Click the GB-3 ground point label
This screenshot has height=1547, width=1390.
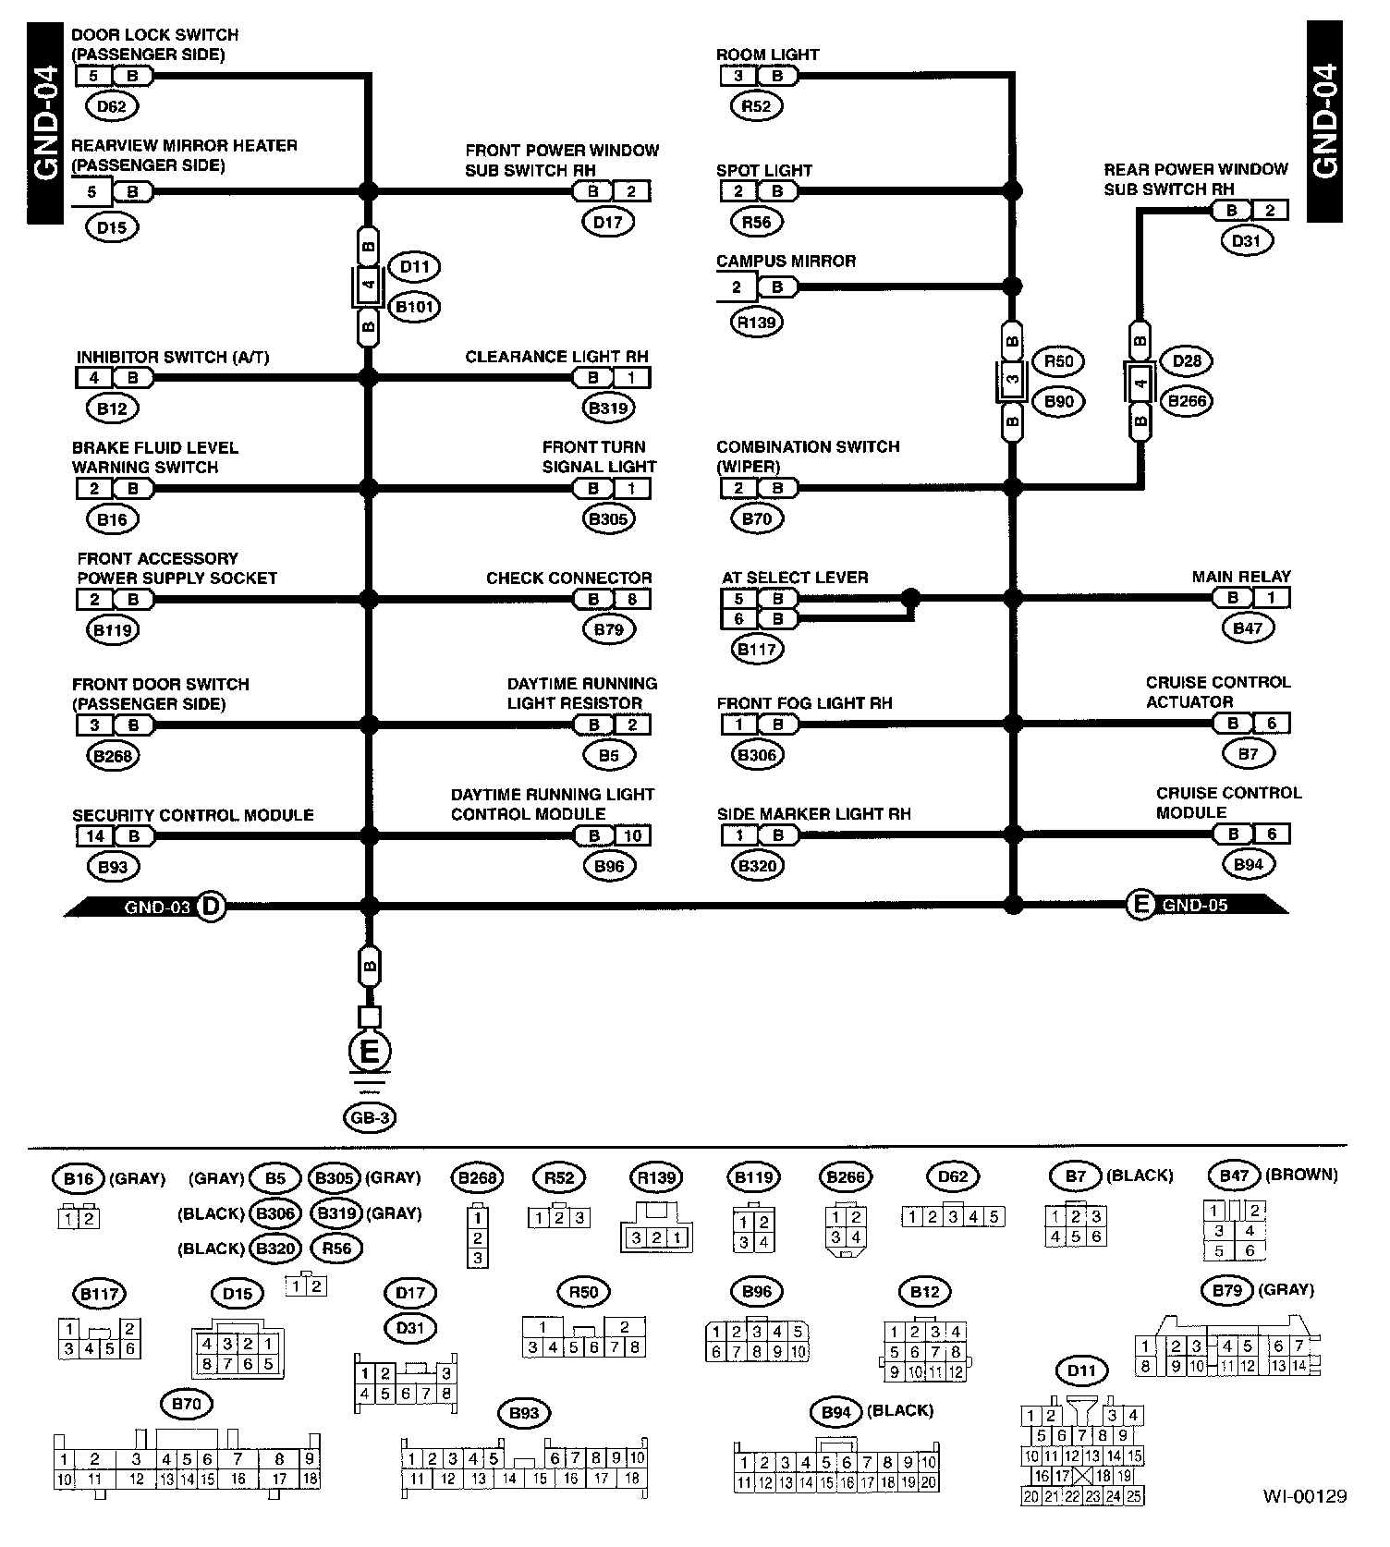pos(370,1118)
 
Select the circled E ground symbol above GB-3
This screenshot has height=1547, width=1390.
pos(370,1052)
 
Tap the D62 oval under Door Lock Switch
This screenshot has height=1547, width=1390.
pos(111,106)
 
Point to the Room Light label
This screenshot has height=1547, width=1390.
pos(767,55)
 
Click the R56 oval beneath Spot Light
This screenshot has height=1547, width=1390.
pos(756,222)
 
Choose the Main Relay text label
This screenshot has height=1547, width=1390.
pos(1240,577)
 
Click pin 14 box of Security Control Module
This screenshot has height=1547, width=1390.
pos(94,836)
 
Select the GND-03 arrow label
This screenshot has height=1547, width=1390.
pos(157,907)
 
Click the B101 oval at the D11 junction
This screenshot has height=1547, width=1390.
pos(414,307)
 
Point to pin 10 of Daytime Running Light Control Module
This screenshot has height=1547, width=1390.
pos(633,836)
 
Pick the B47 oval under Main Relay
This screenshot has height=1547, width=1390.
pos(1248,628)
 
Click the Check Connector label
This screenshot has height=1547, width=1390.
pos(568,579)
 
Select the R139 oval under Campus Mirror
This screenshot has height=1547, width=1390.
pos(756,323)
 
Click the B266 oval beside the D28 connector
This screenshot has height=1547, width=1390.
pos(1187,401)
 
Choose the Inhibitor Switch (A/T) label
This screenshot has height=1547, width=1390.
pos(173,357)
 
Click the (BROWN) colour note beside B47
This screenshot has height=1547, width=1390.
pos(1301,1175)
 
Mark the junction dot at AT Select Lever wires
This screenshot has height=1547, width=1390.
pos(910,597)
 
